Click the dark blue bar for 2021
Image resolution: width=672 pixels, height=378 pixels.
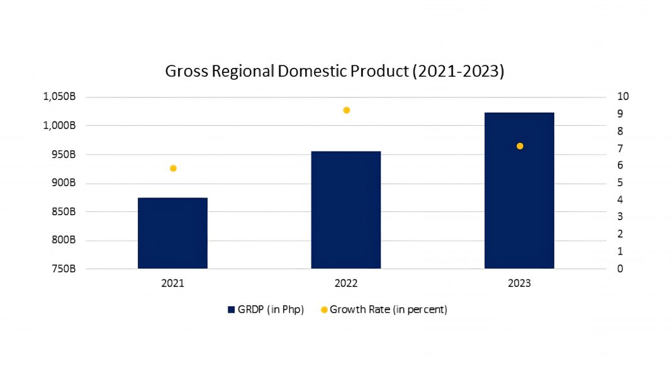(172, 233)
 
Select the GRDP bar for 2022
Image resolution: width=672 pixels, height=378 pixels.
(346, 210)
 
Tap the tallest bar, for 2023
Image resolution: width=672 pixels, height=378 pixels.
(520, 191)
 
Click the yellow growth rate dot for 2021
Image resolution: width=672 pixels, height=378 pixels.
(173, 169)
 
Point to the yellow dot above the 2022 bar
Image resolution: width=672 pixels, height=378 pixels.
(347, 110)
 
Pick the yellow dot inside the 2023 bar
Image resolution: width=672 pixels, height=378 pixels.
(520, 146)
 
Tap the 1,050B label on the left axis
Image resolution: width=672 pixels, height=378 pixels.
(59, 97)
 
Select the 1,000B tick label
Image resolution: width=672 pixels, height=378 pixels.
(59, 126)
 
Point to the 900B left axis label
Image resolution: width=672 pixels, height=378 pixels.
(64, 183)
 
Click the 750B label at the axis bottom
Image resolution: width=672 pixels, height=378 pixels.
(64, 269)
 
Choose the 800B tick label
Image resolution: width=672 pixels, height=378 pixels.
(64, 240)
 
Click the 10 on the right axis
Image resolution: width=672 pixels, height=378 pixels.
(623, 96)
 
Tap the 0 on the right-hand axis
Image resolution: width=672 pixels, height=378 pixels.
(620, 269)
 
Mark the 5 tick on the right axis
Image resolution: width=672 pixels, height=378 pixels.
(620, 182)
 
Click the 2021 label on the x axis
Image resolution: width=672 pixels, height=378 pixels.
(172, 283)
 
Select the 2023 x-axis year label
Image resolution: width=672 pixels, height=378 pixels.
(520, 283)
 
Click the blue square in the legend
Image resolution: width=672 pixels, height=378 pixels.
(232, 309)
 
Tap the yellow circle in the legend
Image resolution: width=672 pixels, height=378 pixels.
(324, 309)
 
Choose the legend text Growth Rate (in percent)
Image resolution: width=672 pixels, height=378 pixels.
(388, 309)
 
